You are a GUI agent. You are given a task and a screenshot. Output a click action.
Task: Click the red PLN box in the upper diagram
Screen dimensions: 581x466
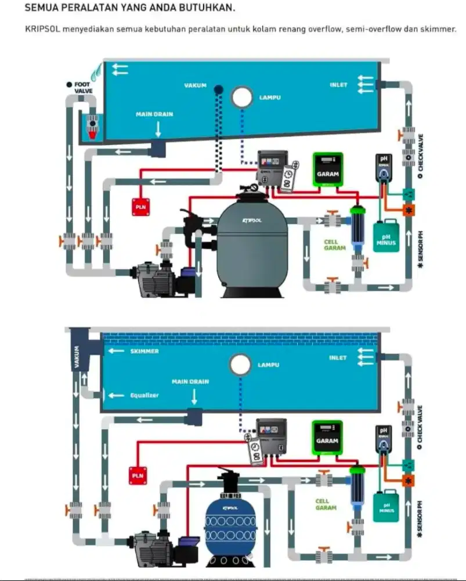point(140,205)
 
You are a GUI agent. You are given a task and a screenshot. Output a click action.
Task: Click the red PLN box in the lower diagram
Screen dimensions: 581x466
point(138,475)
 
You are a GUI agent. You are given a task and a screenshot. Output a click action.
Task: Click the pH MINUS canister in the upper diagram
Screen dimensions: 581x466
point(385,236)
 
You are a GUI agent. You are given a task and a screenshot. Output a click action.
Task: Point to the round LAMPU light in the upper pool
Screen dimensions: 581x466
point(241,97)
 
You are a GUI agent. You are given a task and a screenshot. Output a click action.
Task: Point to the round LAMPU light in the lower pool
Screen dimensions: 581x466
point(240,365)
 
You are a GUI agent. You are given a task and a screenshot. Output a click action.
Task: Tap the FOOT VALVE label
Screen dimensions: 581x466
point(82,87)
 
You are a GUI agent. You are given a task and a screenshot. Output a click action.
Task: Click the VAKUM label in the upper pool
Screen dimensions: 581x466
point(196,85)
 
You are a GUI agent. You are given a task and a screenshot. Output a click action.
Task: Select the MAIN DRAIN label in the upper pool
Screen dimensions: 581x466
point(154,114)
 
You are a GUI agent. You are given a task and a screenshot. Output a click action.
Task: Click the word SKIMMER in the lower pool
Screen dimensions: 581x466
point(145,352)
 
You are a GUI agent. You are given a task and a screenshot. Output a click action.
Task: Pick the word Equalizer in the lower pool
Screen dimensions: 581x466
point(144,395)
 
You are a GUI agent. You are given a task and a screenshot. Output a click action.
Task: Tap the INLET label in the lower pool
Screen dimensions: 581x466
point(338,358)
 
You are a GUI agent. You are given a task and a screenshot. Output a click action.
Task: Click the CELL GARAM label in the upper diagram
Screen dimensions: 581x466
point(335,244)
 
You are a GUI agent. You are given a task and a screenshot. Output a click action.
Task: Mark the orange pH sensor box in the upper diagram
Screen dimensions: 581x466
point(409,210)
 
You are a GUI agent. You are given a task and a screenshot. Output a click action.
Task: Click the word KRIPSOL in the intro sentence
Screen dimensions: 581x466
point(44,28)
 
